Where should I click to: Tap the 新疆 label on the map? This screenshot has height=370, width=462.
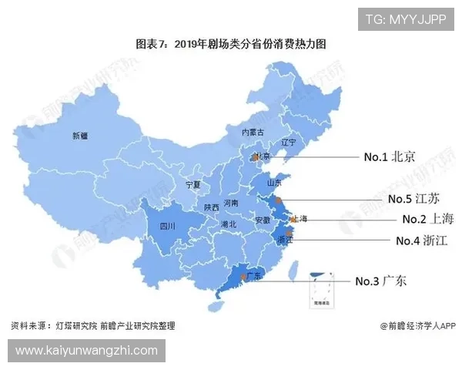pyautogui.click(x=80, y=136)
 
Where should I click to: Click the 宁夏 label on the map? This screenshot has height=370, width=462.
pyautogui.click(x=192, y=186)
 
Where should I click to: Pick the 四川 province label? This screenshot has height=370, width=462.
pyautogui.click(x=166, y=227)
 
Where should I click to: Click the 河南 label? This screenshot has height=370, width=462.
pyautogui.click(x=231, y=203)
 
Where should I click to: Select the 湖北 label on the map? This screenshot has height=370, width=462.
pyautogui.click(x=228, y=224)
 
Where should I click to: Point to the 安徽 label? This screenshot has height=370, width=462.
pyautogui.click(x=262, y=220)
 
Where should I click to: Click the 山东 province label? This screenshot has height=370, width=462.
pyautogui.click(x=274, y=184)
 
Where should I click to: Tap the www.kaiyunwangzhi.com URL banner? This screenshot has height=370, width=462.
pyautogui.click(x=86, y=351)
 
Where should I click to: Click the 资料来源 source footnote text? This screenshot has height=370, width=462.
pyautogui.click(x=92, y=325)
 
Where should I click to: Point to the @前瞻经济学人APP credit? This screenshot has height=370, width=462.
pyautogui.click(x=417, y=325)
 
